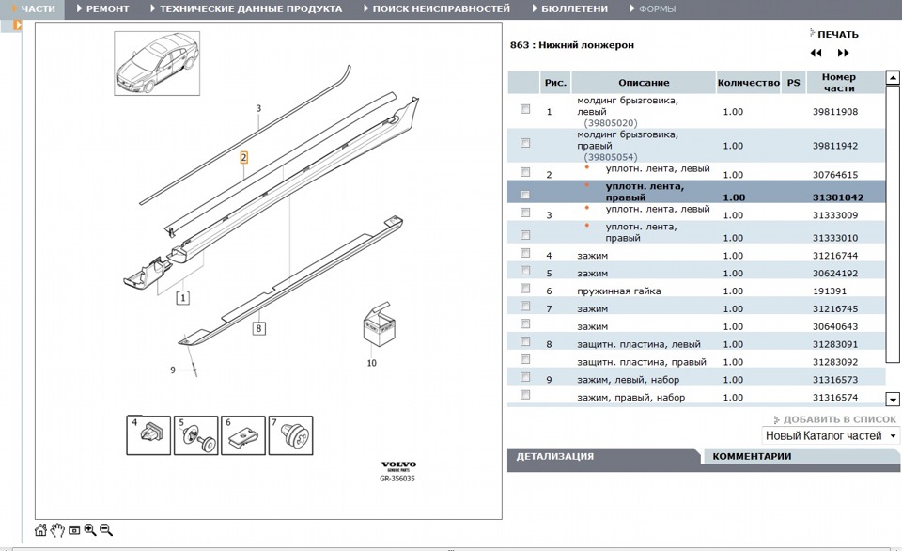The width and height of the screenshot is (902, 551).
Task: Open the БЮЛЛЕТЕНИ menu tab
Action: [x=574, y=8]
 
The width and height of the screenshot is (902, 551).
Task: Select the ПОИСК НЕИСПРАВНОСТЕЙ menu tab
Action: [x=441, y=8]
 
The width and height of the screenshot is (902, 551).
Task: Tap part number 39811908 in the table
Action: [x=835, y=112]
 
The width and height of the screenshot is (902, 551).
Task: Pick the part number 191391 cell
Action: [x=829, y=291]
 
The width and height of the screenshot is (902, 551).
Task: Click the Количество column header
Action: [x=748, y=83]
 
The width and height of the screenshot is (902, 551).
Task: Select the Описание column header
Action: [x=644, y=83]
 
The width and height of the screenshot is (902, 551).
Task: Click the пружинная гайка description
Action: [x=618, y=291]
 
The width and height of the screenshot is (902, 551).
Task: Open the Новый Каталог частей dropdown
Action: [x=830, y=436]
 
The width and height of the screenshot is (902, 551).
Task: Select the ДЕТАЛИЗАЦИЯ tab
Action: [x=554, y=457]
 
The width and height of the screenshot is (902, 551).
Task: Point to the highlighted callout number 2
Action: [x=243, y=158]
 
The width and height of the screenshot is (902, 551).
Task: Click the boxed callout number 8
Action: [x=258, y=328]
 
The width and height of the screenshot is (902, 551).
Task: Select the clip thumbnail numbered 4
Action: [x=148, y=434]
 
